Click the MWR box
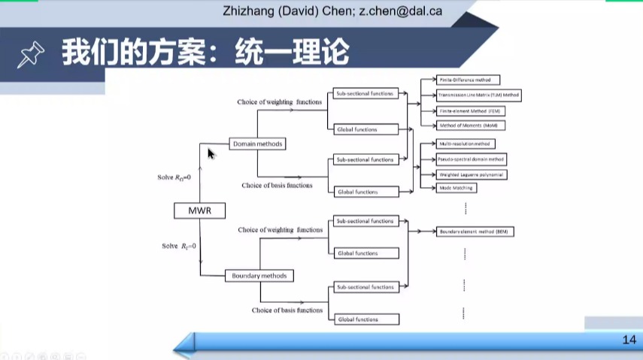tap(199, 211)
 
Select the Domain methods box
tap(257, 144)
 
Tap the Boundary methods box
tap(256, 276)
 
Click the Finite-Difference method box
tap(469, 80)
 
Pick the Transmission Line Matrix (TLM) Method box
tap(478, 95)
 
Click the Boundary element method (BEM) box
tap(475, 231)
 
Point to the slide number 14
tap(629, 340)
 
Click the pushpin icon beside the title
tap(30, 54)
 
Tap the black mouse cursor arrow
tap(211, 153)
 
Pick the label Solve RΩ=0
tap(174, 177)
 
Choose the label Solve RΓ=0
tap(179, 246)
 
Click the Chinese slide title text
tap(205, 53)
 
